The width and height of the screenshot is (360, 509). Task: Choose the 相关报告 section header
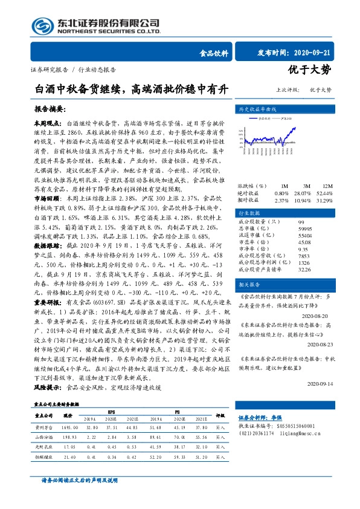(249, 284)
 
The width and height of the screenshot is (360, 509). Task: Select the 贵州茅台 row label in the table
(45, 426)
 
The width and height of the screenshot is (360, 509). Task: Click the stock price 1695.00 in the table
(70, 426)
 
